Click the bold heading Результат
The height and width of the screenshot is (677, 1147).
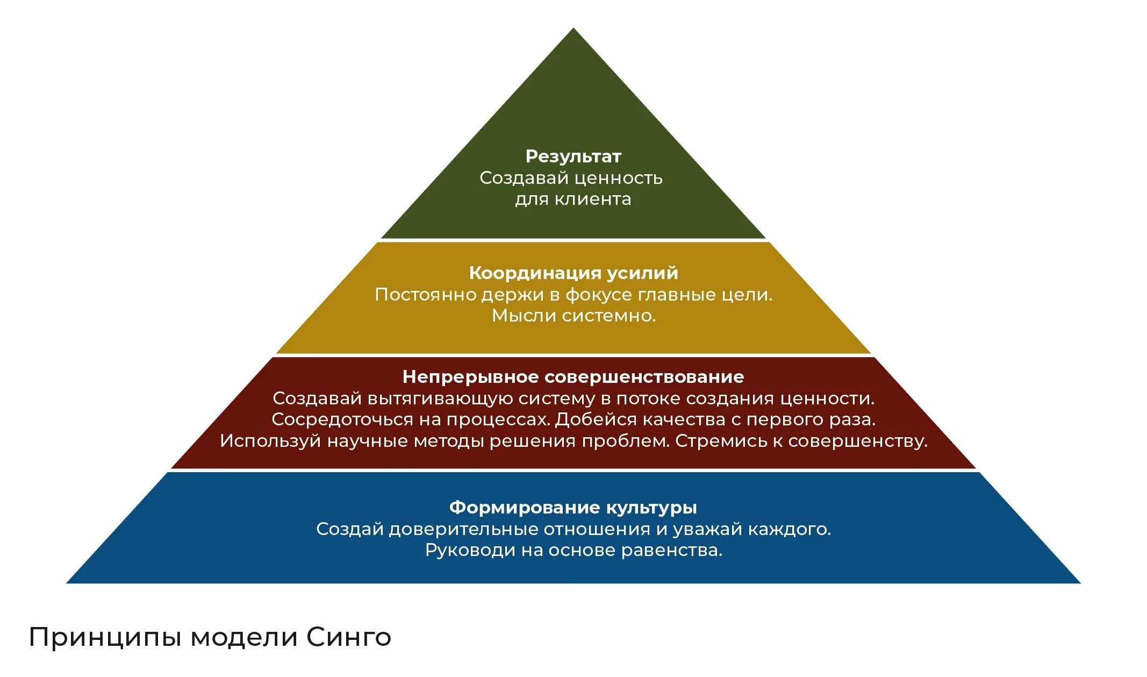pos(573,156)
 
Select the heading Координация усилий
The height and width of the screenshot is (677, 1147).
pos(573,273)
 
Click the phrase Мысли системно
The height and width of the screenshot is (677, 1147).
pos(573,316)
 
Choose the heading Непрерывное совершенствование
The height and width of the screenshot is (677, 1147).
pos(573,377)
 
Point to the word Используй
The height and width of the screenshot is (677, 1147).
pos(270,441)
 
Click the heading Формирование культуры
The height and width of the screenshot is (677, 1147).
pos(573,508)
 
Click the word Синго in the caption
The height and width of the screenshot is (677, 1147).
pos(349,638)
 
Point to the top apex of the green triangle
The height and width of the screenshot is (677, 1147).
pos(573,30)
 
